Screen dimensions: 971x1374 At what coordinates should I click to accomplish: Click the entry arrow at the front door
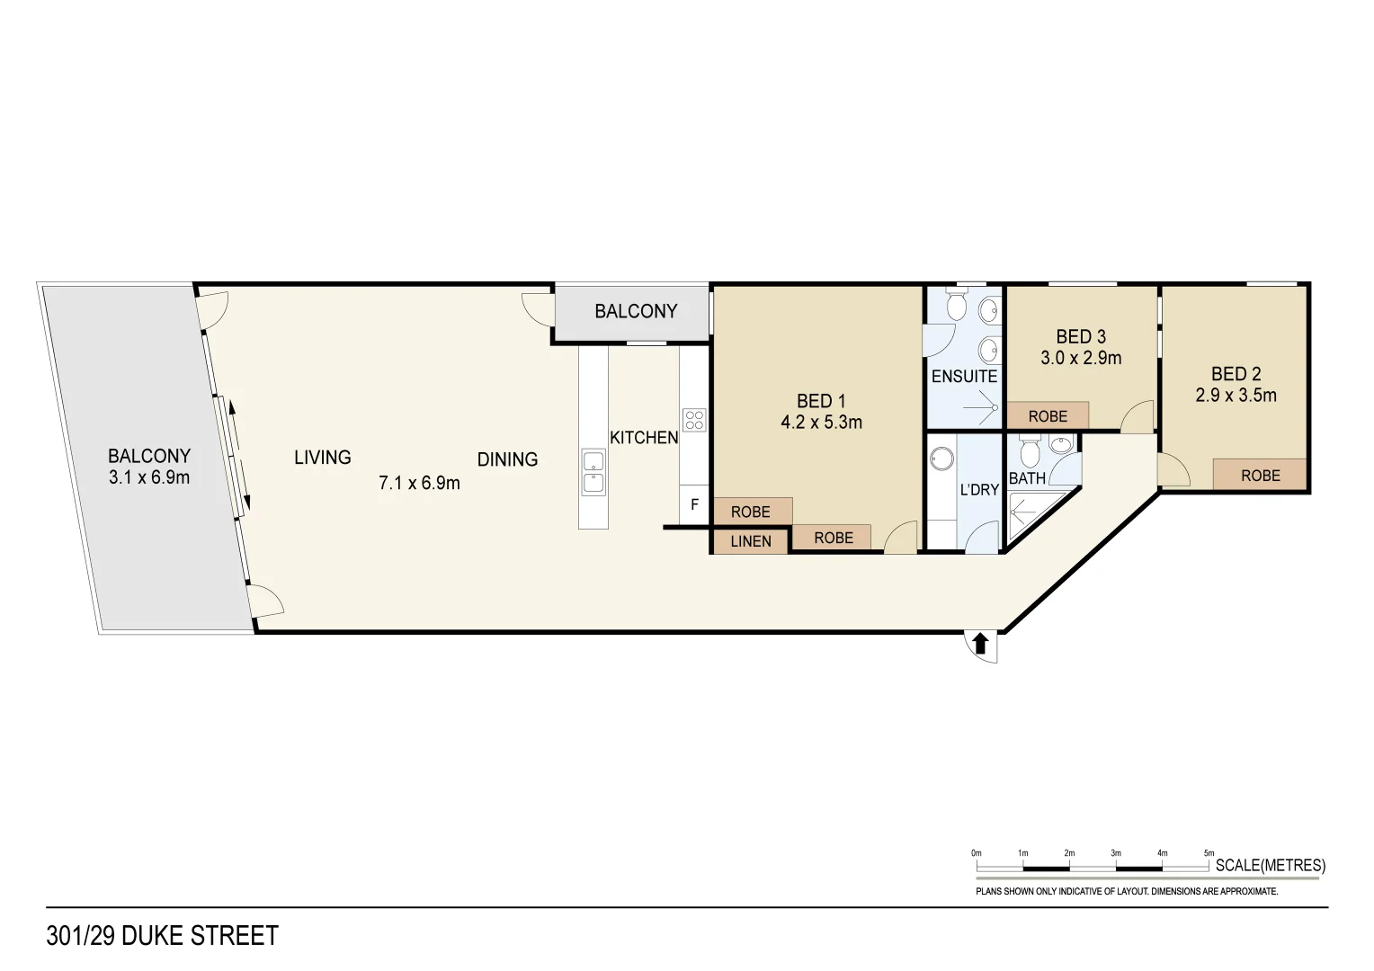pos(981,644)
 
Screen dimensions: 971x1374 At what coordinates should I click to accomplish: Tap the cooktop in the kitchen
pos(694,420)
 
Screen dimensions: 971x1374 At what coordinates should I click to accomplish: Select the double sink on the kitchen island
pos(593,472)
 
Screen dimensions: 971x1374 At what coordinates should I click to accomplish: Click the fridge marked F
pos(694,504)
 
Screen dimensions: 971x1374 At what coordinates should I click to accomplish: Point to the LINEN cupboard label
pos(750,541)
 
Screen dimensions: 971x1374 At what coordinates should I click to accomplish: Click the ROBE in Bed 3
pos(1048,416)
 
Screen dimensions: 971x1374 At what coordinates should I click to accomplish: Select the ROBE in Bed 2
pos(1260,476)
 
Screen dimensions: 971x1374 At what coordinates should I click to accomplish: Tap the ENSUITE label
pos(964,377)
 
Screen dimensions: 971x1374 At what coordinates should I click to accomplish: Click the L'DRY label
pos(979,490)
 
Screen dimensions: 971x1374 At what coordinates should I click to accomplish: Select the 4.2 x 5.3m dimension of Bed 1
pos(821,423)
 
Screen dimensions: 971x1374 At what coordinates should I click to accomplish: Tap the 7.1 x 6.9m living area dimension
pos(419,483)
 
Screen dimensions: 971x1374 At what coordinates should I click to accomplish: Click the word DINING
pos(507,459)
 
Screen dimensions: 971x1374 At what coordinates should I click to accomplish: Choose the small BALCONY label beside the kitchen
pos(636,311)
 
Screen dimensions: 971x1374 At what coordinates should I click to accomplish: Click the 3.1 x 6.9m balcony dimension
pos(149,477)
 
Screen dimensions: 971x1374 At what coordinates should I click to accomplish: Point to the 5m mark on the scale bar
pos(1209,854)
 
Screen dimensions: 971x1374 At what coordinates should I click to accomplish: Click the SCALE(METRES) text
pos(1270,865)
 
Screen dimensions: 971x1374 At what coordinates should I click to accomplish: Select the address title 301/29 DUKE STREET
pos(163,936)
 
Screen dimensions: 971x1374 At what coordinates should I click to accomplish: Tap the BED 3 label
pos(1081,336)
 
